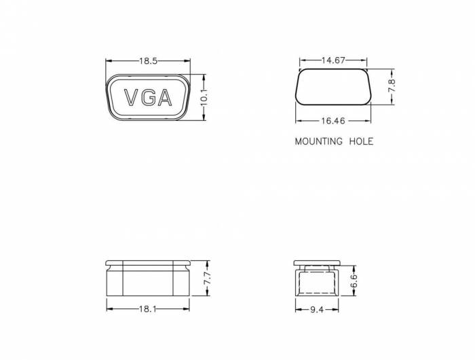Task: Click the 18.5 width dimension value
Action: point(149,61)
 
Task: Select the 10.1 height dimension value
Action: point(204,98)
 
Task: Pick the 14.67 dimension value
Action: point(334,61)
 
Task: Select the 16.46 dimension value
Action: point(332,121)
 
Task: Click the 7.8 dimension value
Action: point(392,86)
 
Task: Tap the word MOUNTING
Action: point(317,142)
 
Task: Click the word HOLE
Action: point(360,142)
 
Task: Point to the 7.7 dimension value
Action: point(208,278)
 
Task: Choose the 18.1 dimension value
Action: point(148,308)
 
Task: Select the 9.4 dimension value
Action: point(317,308)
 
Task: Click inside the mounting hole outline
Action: point(333,86)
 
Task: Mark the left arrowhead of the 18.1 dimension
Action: point(109,308)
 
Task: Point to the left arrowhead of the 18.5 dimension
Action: point(107,61)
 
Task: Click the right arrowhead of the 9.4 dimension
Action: point(337,308)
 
